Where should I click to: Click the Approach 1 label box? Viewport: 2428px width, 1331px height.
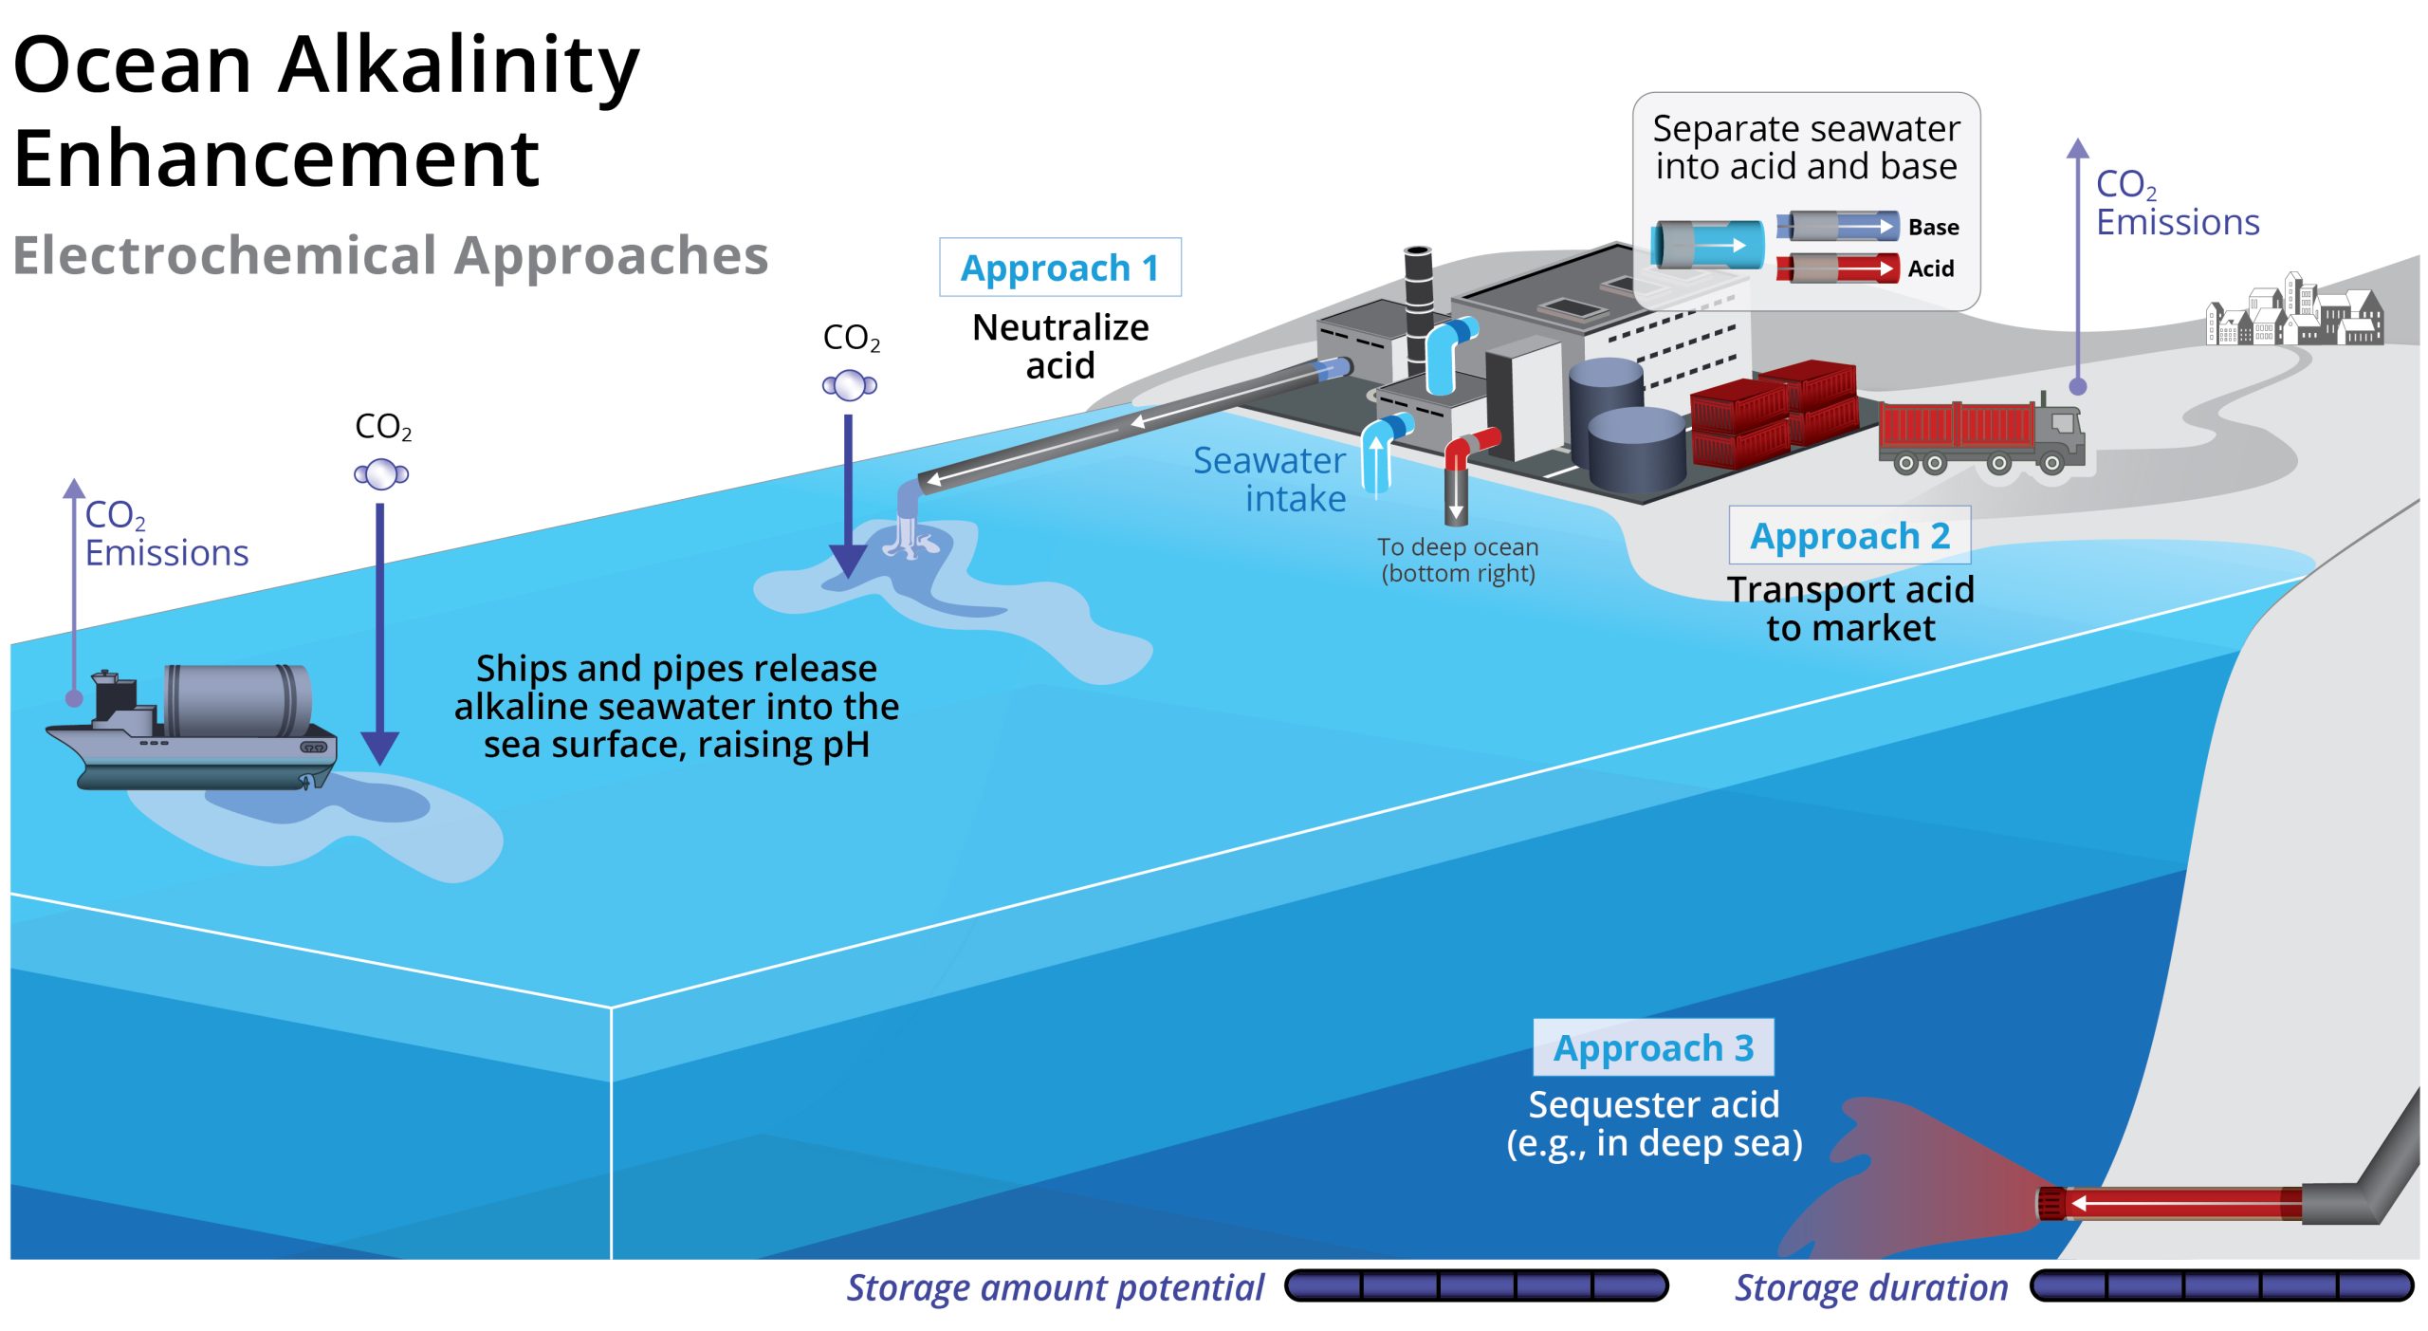click(x=1059, y=268)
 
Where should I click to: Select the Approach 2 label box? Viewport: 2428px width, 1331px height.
click(x=1849, y=536)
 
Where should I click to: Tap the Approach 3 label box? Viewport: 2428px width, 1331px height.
click(x=1652, y=1047)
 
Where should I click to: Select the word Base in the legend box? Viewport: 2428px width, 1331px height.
click(x=1933, y=228)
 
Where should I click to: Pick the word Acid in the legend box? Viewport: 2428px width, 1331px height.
click(x=1930, y=269)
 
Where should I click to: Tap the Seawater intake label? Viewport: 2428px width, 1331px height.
click(x=1271, y=479)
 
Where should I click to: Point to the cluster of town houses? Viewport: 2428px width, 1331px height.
click(x=2295, y=311)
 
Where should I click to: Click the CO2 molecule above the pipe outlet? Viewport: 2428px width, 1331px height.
click(x=849, y=385)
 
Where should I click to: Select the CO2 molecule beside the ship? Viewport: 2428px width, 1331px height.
click(x=381, y=473)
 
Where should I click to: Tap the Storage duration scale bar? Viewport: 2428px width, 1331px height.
click(x=2221, y=1286)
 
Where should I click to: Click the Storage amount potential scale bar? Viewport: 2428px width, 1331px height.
click(x=1476, y=1286)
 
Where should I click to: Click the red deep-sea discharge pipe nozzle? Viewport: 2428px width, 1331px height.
click(x=2052, y=1204)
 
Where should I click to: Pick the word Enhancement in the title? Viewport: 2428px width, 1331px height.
click(x=276, y=159)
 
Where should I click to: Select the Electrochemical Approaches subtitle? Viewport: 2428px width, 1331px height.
click(x=390, y=256)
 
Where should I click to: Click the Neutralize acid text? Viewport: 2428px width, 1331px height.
click(x=1060, y=346)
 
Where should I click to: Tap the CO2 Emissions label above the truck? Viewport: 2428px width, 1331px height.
click(x=2176, y=203)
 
